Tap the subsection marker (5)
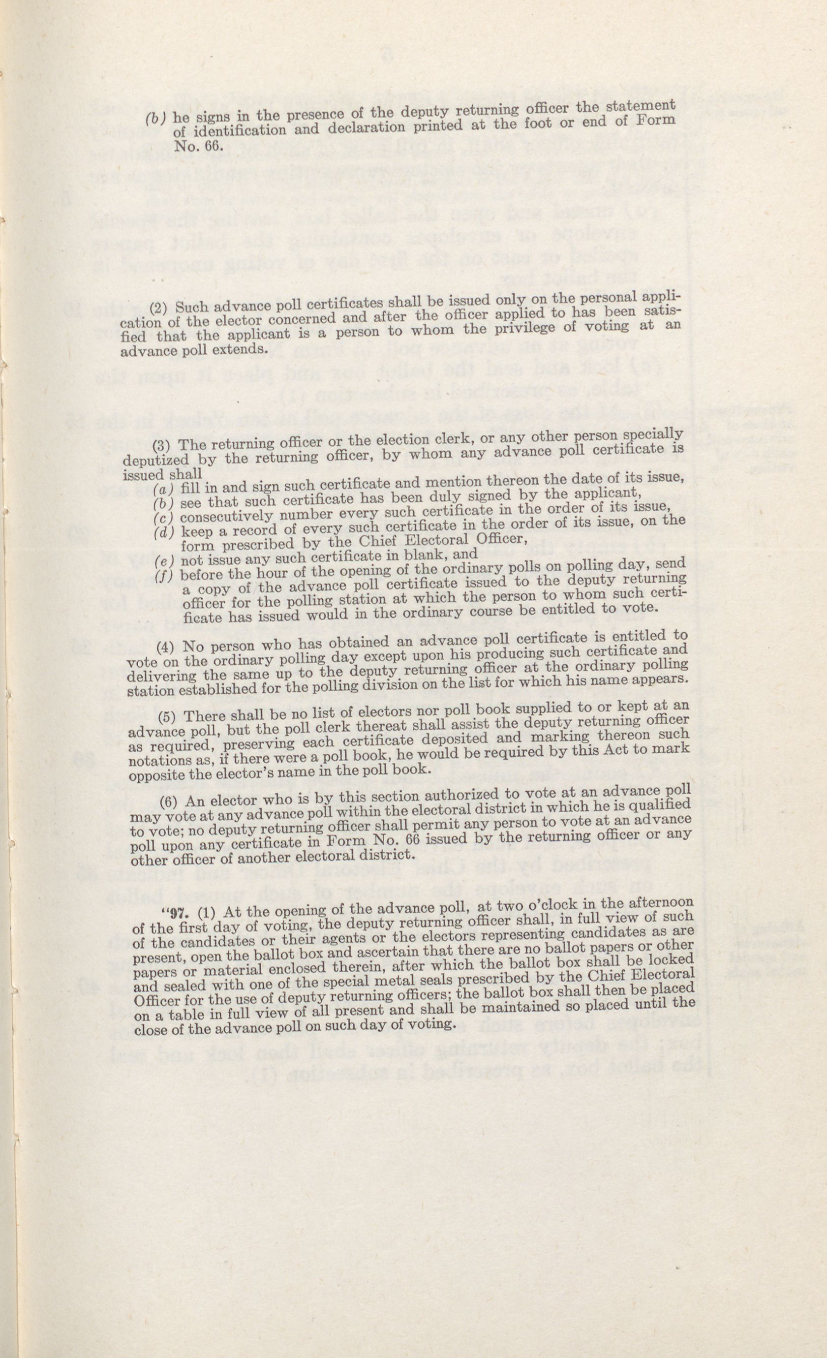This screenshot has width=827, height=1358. [x=166, y=717]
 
